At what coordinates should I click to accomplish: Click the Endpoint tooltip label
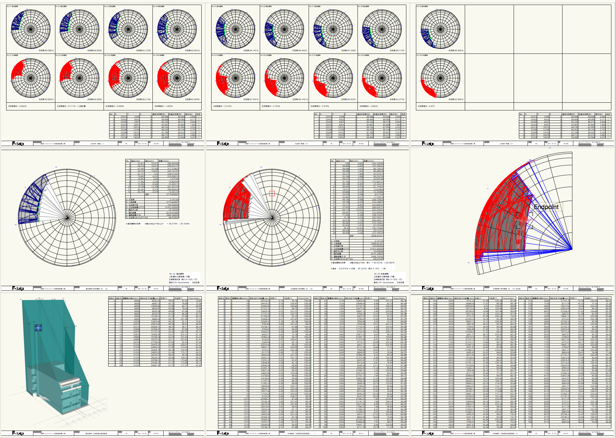546,207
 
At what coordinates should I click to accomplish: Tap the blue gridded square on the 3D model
38,328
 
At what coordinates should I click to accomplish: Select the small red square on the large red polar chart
524,219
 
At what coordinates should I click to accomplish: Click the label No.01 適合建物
13,6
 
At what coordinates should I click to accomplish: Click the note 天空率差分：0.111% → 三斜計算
71,106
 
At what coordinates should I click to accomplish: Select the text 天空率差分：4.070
426,106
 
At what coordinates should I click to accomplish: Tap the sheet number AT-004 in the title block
156,144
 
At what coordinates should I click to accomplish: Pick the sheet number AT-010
156,433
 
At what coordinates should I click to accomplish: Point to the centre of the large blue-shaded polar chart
67,218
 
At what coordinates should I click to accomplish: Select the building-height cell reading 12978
137,321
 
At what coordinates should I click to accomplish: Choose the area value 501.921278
173,187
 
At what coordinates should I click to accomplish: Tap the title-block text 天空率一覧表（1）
97,144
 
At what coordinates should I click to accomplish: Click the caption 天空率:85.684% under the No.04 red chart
192,99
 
